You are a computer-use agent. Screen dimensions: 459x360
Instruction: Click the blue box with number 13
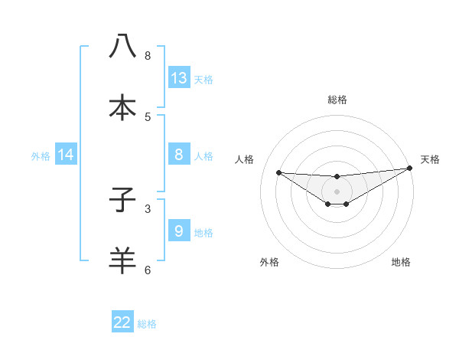coord(179,78)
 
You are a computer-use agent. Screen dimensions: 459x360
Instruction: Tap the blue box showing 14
coord(66,155)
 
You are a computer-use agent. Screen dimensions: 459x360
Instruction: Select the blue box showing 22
coord(122,322)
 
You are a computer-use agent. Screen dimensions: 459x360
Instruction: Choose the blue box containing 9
coord(179,231)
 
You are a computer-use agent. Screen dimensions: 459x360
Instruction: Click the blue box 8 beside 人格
coord(179,155)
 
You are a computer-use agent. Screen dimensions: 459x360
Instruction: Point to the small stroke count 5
coord(148,116)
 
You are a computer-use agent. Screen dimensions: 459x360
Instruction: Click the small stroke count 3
coord(148,208)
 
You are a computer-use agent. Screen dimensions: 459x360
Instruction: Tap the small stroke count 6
coord(148,270)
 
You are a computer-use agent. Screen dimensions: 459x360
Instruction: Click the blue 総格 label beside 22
coord(147,324)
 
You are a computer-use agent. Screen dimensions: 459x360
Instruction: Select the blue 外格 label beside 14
coord(41,156)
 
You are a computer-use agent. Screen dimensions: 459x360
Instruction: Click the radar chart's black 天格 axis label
coord(430,159)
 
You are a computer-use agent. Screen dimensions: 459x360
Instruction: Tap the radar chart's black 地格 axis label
coord(401,262)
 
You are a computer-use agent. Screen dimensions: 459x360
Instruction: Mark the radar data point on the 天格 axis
coord(409,169)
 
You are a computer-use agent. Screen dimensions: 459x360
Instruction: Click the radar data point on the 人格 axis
coord(278,172)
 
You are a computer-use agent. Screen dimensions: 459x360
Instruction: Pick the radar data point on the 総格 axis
coord(337,177)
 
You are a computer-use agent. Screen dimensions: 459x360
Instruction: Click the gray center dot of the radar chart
coord(337,191)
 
